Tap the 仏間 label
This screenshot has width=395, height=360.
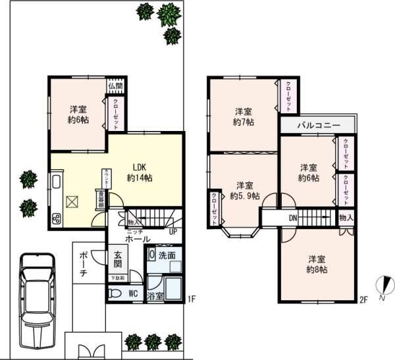click(116, 85)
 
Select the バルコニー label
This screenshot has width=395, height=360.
click(318, 124)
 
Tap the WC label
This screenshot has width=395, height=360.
click(132, 294)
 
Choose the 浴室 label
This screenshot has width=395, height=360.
click(155, 297)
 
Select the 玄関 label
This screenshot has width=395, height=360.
click(118, 259)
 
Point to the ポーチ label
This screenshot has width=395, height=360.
click(84, 261)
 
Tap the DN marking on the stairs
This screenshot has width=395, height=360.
click(292, 219)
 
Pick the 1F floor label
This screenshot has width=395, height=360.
click(192, 299)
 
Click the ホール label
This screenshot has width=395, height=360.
click(138, 239)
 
